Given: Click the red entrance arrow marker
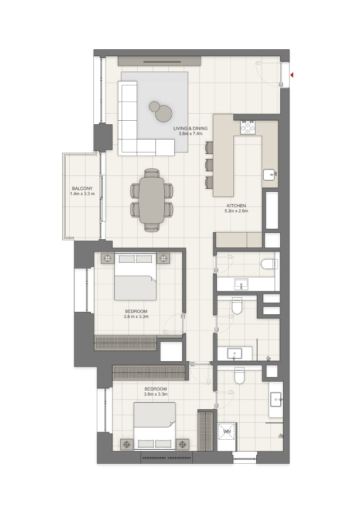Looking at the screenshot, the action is (292, 75).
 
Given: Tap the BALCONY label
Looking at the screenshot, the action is (82, 188).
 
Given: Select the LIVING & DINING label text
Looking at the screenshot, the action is (190, 128).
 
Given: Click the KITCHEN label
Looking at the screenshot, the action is (236, 205).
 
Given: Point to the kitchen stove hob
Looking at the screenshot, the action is (248, 127).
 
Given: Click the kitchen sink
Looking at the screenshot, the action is (270, 175).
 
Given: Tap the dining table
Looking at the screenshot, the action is (152, 201).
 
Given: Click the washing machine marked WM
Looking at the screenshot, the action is (227, 432).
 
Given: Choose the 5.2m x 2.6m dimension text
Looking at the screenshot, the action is (236, 211).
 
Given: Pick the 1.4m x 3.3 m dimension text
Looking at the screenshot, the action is (82, 194).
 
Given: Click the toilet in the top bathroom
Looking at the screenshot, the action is (270, 264).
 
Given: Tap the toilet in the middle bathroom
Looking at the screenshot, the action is (237, 306).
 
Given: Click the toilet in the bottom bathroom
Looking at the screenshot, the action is (239, 375).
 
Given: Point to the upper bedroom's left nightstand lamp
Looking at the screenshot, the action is (107, 259).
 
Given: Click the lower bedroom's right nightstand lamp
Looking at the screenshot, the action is (183, 444).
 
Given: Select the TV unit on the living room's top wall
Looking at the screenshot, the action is (159, 61).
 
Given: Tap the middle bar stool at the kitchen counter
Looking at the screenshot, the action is (209, 165).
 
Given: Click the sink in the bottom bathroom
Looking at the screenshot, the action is (276, 399).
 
